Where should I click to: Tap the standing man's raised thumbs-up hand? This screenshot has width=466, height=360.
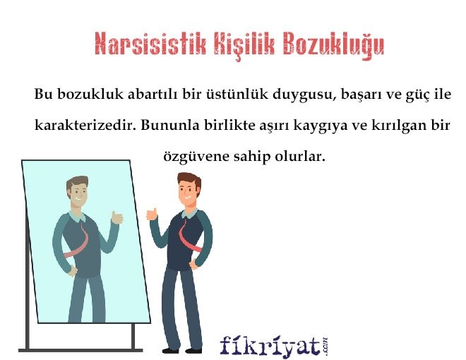pyautogui.click(x=150, y=213)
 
